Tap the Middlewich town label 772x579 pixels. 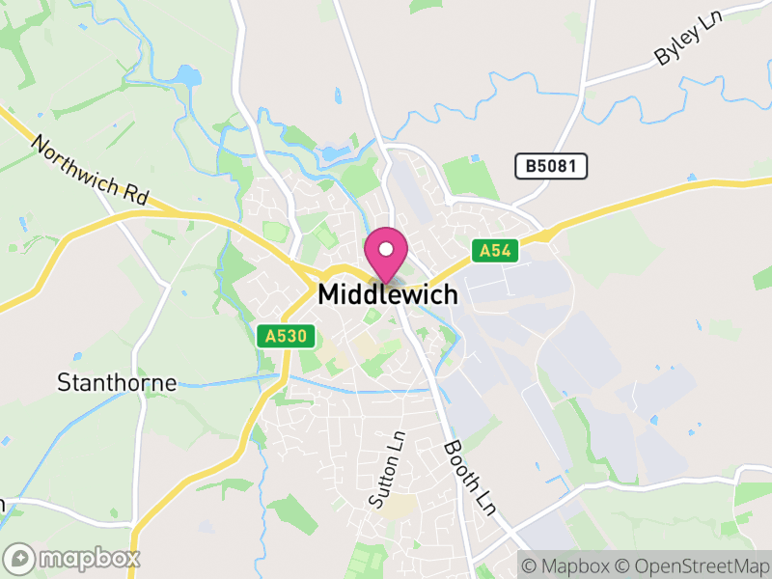pos(388,294)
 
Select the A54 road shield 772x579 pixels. pos(497,251)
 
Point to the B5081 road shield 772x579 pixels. pos(551,166)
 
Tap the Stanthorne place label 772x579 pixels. pos(117,382)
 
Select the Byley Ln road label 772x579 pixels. pos(689,41)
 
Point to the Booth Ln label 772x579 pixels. pos(468,477)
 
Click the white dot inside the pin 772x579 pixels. pos(386,249)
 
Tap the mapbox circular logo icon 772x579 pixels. pos(20,558)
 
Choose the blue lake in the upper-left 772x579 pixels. pos(188,75)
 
